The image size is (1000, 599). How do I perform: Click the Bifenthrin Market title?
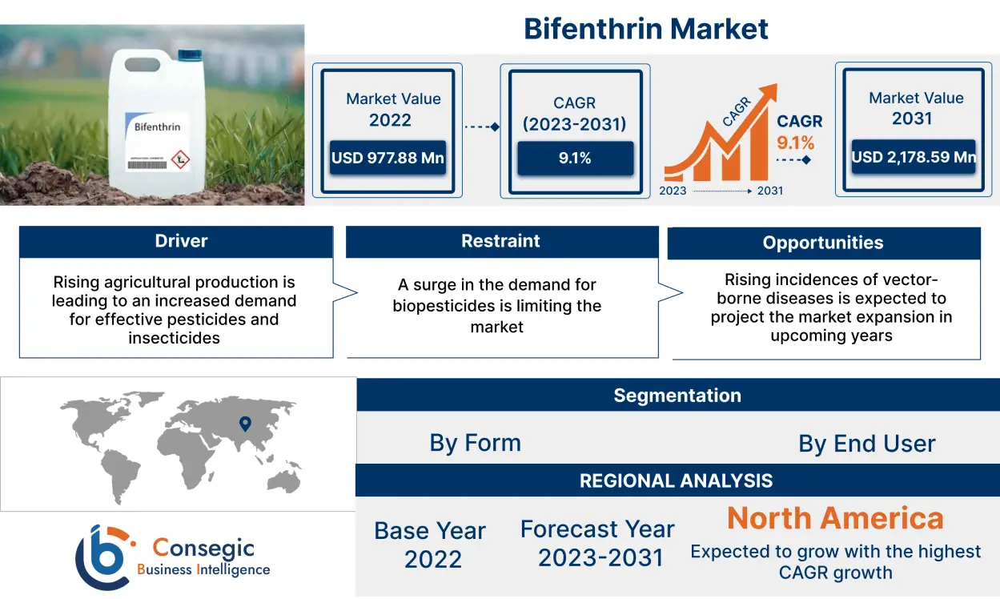pyautogui.click(x=645, y=30)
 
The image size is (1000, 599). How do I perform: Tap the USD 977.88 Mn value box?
pyautogui.click(x=388, y=158)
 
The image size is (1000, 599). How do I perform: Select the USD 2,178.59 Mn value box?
pyautogui.click(x=914, y=157)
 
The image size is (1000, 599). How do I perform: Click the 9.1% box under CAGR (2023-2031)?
pyautogui.click(x=575, y=158)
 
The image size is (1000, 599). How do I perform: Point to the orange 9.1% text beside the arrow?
pyautogui.click(x=795, y=143)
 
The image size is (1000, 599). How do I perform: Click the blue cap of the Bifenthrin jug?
pyautogui.click(x=191, y=55)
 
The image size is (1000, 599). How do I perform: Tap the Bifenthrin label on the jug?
pyautogui.click(x=157, y=127)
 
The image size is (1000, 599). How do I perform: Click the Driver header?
pyautogui.click(x=176, y=241)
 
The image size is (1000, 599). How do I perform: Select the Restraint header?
pyautogui.click(x=500, y=241)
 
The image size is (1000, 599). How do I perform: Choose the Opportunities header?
pyautogui.click(x=823, y=243)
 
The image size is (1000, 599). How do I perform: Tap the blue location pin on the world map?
pyautogui.click(x=246, y=424)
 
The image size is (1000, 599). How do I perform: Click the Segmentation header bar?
pyautogui.click(x=677, y=396)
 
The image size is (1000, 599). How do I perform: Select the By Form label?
pyautogui.click(x=475, y=443)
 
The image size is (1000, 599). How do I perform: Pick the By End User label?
pyautogui.click(x=866, y=444)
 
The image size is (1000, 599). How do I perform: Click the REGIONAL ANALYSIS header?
pyautogui.click(x=677, y=480)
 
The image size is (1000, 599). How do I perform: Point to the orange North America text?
pyautogui.click(x=835, y=519)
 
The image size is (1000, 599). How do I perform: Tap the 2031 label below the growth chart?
pyautogui.click(x=769, y=191)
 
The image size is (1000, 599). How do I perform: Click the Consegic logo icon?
pyautogui.click(x=102, y=557)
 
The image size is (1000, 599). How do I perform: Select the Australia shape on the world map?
pyautogui.click(x=283, y=480)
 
